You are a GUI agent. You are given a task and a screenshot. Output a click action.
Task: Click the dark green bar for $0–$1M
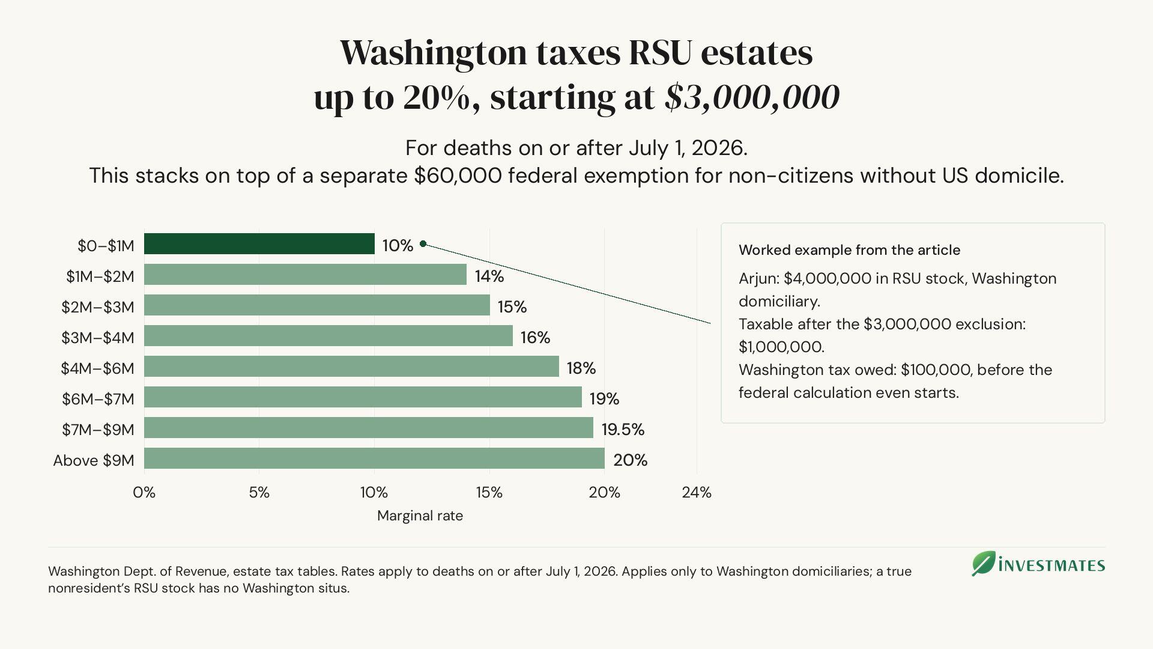(x=259, y=244)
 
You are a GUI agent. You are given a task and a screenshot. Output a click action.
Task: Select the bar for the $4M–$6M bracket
(x=351, y=367)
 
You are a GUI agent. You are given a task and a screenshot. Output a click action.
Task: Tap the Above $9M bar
(x=374, y=459)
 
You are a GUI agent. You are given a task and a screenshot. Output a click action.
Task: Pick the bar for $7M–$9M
(x=369, y=428)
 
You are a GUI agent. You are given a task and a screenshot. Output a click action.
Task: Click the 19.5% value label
(x=623, y=429)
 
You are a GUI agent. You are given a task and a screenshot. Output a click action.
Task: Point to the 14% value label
(x=489, y=276)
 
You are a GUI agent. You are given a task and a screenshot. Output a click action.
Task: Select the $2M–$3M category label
(x=98, y=307)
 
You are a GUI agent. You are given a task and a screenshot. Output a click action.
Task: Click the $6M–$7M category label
(x=98, y=399)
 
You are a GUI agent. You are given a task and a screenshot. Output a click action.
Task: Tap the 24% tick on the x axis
(x=697, y=493)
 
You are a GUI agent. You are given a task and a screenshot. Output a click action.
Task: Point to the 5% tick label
(x=259, y=493)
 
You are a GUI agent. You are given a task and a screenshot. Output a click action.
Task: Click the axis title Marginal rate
(x=420, y=516)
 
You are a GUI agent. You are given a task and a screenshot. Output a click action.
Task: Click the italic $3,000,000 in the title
(x=752, y=97)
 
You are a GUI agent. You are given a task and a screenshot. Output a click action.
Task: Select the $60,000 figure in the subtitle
(x=458, y=176)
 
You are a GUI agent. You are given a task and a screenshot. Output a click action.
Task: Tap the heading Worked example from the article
(x=849, y=250)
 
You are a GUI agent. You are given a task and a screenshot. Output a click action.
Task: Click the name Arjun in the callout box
(x=757, y=279)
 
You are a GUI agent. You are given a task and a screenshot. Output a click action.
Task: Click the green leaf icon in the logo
(x=984, y=564)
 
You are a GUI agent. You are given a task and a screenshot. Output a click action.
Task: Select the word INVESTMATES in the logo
(x=1052, y=565)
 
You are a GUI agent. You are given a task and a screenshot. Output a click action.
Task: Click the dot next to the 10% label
(x=423, y=243)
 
